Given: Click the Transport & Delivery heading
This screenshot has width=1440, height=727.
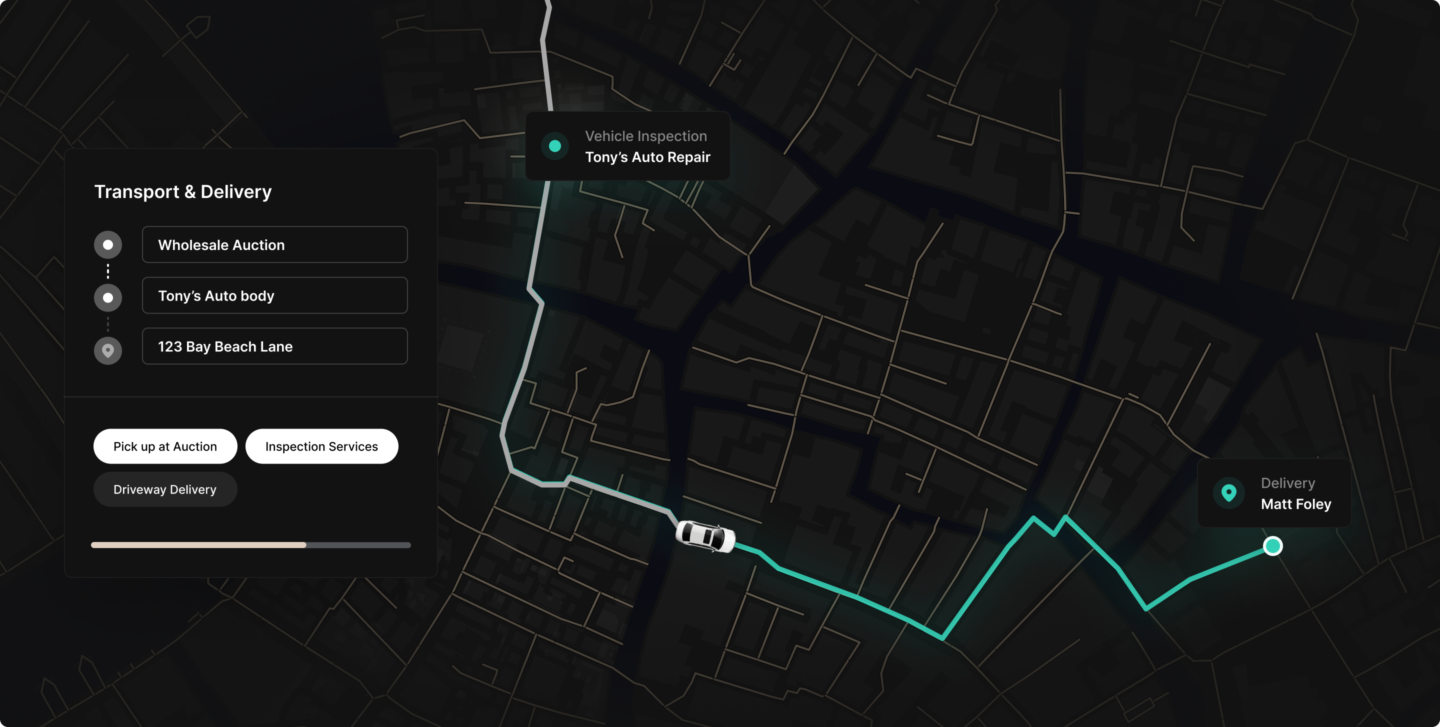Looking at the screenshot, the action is pyautogui.click(x=183, y=191).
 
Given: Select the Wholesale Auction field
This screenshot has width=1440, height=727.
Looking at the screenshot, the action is pyautogui.click(x=274, y=245).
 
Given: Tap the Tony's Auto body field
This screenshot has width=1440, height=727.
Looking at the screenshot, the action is pyautogui.click(x=274, y=295).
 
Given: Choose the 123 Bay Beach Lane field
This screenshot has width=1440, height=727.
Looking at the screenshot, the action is pyautogui.click(x=274, y=346).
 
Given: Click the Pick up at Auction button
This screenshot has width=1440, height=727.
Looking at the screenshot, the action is pyautogui.click(x=165, y=446).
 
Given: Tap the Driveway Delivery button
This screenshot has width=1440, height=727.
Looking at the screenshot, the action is pyautogui.click(x=165, y=489).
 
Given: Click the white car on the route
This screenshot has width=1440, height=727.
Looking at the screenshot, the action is pyautogui.click(x=705, y=536).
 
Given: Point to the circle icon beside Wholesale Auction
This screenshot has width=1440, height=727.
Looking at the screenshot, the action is pyautogui.click(x=108, y=245).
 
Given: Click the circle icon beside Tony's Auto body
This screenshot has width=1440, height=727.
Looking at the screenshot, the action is pyautogui.click(x=108, y=297).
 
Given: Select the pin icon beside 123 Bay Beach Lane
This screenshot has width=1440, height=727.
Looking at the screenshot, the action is pyautogui.click(x=108, y=351).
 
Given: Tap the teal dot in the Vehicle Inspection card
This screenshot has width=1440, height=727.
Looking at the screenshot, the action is pyautogui.click(x=554, y=146).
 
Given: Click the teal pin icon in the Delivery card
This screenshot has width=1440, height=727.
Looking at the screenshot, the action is pyautogui.click(x=1228, y=493).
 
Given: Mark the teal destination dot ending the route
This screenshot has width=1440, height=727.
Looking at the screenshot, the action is pyautogui.click(x=1273, y=545).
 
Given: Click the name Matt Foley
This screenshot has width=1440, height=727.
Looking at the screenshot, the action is pyautogui.click(x=1296, y=504).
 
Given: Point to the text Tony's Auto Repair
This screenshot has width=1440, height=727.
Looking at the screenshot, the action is pyautogui.click(x=647, y=157).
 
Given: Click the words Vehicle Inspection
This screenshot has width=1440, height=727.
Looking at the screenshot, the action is pyautogui.click(x=645, y=136).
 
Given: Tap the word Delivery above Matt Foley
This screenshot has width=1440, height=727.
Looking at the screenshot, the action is pyautogui.click(x=1287, y=483).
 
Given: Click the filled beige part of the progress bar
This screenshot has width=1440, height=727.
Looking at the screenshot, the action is pyautogui.click(x=198, y=545).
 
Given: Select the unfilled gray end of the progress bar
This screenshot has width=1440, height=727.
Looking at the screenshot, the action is pyautogui.click(x=358, y=545).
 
